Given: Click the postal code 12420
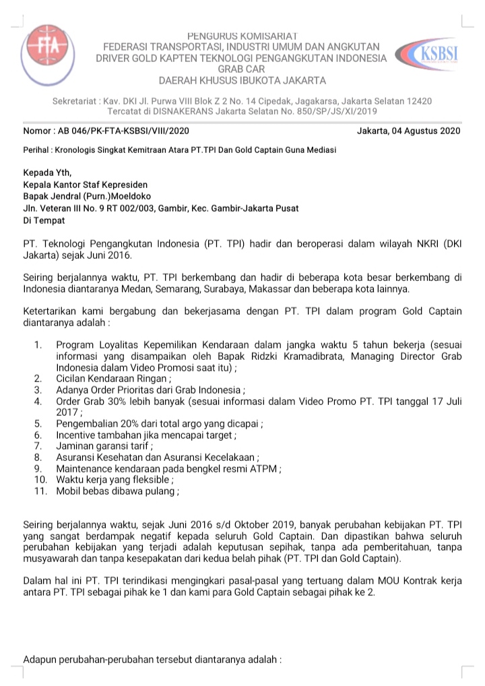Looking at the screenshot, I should point(418,100).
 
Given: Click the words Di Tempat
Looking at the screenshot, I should point(44,220).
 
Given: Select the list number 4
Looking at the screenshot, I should point(40,402).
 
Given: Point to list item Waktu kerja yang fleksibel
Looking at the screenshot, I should point(115,480).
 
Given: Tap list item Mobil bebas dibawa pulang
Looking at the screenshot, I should point(117,491).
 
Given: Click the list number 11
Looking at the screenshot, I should point(40,491).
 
